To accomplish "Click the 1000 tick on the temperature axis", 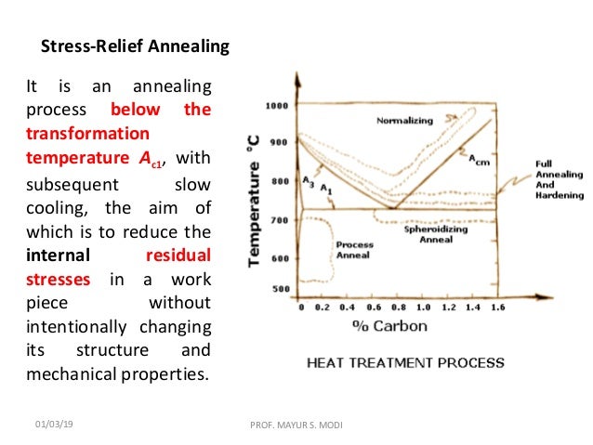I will (277, 106).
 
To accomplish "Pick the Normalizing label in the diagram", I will (405, 121).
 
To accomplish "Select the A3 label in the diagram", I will (309, 179).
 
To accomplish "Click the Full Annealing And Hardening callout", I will (560, 179).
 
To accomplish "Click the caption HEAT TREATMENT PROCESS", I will (405, 363).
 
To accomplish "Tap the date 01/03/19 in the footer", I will (56, 424).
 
